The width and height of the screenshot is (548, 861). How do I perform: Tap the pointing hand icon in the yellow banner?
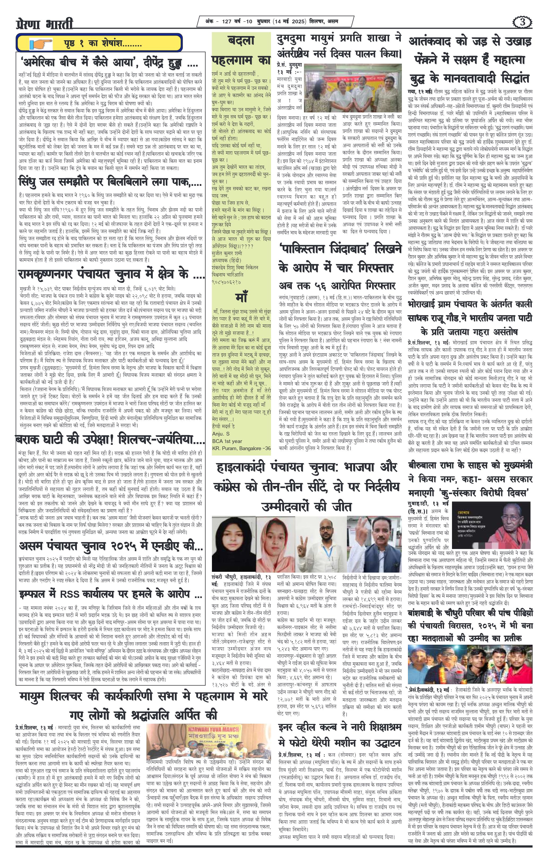pyautogui.click(x=40, y=44)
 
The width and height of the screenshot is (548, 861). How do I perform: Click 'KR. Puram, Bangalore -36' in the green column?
pyautogui.click(x=241, y=448)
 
